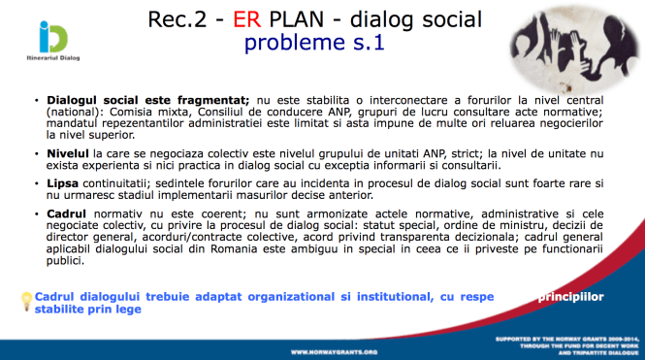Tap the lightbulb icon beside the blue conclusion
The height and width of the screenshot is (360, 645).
click(25, 301)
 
